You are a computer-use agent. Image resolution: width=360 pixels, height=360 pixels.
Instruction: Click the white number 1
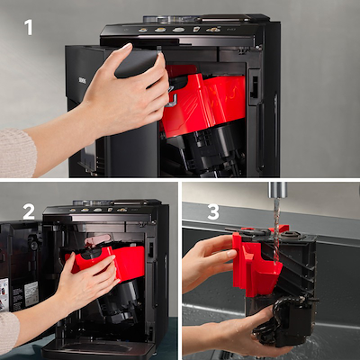(29, 28)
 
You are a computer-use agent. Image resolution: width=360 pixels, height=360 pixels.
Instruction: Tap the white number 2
(29, 211)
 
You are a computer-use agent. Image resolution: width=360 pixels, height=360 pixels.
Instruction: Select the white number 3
(213, 212)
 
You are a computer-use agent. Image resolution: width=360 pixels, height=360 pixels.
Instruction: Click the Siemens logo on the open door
(81, 81)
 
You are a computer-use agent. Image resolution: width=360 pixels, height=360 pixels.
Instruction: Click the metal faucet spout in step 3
(277, 190)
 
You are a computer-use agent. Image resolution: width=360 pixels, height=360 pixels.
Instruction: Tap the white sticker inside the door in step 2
(31, 293)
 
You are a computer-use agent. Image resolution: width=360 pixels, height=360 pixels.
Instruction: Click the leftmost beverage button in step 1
(143, 30)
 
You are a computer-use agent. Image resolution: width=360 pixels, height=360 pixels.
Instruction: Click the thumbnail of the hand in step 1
(127, 47)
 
